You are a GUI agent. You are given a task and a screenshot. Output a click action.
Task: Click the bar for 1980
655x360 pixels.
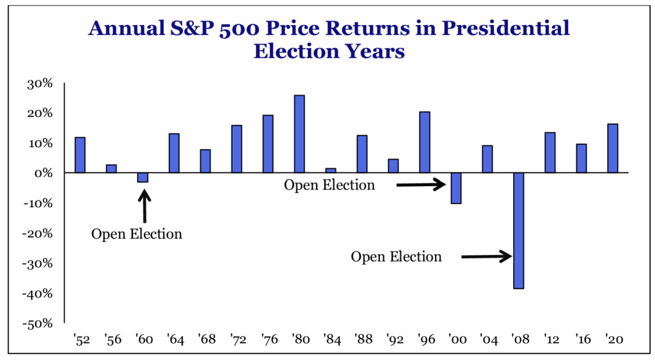point(299,134)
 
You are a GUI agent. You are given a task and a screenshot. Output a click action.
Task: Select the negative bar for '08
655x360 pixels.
point(519,230)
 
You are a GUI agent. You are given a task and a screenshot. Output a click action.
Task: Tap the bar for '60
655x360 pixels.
point(143,178)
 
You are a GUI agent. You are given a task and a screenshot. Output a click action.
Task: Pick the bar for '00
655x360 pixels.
point(456,188)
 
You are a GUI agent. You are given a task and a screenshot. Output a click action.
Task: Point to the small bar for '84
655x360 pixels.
point(331,171)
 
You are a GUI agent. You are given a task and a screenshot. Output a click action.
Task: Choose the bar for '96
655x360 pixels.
point(425,143)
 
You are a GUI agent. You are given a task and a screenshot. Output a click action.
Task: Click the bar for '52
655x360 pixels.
point(80,155)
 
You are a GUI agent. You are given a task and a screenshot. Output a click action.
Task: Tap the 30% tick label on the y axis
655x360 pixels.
point(40,83)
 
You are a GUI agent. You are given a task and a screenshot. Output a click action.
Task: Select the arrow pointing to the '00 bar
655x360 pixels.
point(421,185)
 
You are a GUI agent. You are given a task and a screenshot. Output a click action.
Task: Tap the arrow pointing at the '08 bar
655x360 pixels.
point(487,257)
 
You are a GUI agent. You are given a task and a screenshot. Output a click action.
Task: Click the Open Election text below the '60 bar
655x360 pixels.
point(137,234)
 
